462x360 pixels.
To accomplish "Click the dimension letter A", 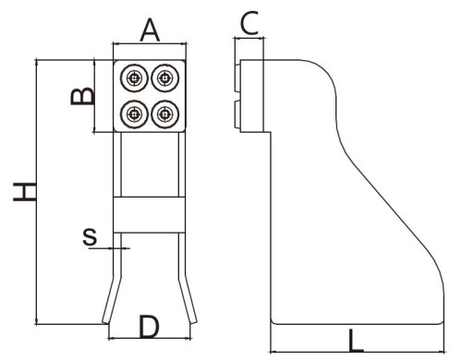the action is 150,30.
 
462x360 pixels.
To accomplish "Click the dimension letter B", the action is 82,96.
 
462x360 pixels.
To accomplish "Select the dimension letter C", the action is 249,23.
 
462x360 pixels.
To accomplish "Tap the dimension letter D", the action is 149,326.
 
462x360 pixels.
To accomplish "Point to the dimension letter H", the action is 25,192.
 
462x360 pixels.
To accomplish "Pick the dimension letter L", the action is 356,341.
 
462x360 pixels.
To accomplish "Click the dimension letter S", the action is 90,237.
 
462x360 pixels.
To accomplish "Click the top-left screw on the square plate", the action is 134,78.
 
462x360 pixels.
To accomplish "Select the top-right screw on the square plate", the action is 165,78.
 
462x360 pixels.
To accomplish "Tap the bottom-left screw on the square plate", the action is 134,114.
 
